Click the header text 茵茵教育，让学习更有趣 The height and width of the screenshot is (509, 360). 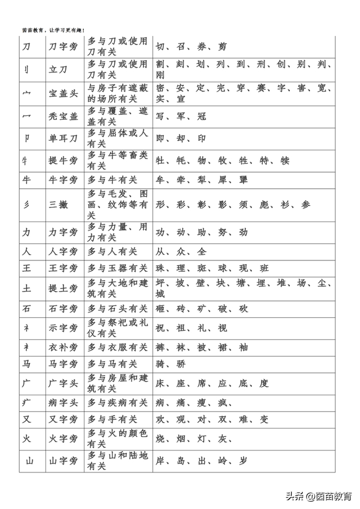(53, 30)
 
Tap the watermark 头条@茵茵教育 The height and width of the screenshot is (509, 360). (318, 496)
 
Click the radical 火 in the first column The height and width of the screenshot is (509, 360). (27, 439)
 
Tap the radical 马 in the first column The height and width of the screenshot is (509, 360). (26, 364)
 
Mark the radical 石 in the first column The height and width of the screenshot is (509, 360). (26, 309)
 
